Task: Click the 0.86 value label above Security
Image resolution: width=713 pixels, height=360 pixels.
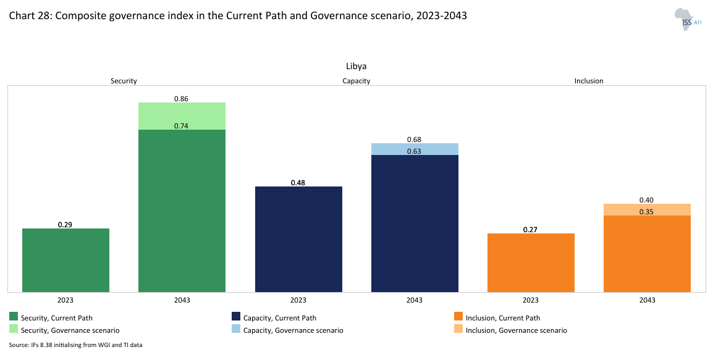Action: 181,98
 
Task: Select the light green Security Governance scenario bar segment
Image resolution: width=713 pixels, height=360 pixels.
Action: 182,115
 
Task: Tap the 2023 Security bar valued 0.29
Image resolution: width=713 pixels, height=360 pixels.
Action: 65,260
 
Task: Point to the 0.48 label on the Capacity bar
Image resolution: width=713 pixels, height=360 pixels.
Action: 298,183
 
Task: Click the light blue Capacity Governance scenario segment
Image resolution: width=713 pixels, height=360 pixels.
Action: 415,149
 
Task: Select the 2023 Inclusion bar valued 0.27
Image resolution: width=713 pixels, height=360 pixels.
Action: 531,262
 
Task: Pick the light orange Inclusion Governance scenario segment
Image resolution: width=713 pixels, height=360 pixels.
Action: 647,209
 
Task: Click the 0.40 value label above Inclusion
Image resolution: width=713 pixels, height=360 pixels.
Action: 647,200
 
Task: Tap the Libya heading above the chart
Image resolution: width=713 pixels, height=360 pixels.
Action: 356,66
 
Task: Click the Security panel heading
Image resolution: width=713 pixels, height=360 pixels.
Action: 124,81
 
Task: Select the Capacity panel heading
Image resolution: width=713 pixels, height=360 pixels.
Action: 356,81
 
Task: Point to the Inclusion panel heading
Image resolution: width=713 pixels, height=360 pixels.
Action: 589,81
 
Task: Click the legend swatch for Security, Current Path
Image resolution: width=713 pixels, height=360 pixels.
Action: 14,317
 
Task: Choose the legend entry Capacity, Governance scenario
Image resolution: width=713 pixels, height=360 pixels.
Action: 293,330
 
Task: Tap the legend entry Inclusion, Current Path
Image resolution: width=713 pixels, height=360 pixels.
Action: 503,318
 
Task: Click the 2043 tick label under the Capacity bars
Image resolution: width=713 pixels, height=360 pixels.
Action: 415,300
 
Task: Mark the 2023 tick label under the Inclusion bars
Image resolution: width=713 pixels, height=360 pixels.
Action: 531,300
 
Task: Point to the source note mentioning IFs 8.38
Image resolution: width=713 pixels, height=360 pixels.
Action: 75,345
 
